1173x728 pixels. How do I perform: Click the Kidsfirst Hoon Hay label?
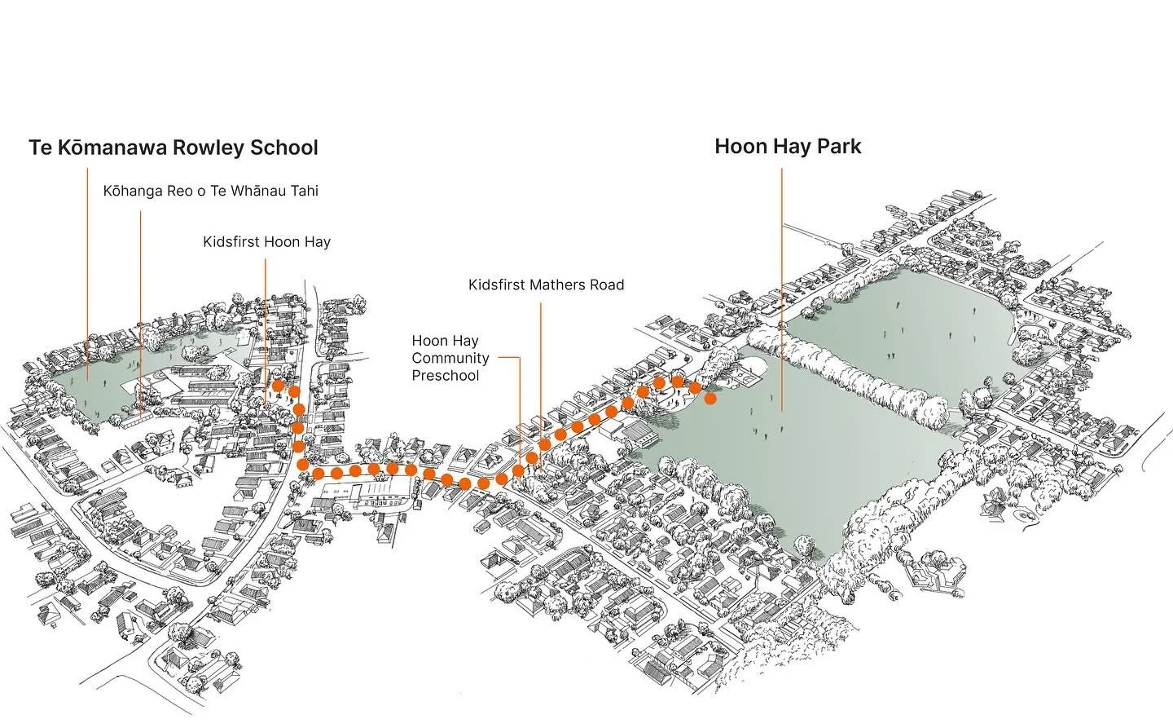pos(266,242)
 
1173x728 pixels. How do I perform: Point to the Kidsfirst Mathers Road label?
pos(546,285)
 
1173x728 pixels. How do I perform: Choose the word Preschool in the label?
pos(445,376)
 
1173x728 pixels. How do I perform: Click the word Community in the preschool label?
pos(450,358)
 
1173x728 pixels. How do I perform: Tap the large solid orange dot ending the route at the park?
pos(710,399)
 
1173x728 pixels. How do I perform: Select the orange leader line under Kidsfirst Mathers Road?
pos(541,367)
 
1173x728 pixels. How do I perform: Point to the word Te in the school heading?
pos(39,148)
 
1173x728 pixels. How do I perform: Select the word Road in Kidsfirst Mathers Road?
pos(607,285)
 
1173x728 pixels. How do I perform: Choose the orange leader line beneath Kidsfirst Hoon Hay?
pos(266,326)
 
